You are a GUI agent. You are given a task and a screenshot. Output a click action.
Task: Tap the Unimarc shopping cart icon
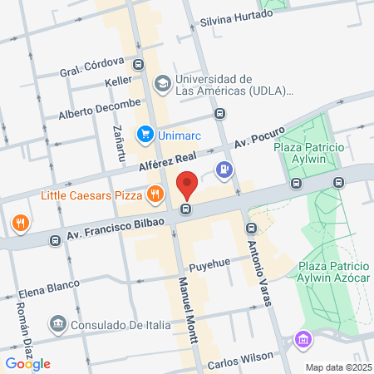[x=145, y=133]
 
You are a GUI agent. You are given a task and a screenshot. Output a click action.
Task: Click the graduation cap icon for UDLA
[x=162, y=83]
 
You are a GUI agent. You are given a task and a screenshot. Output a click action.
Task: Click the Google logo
[x=27, y=363]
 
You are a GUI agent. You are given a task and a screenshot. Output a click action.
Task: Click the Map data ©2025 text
[x=337, y=367]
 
